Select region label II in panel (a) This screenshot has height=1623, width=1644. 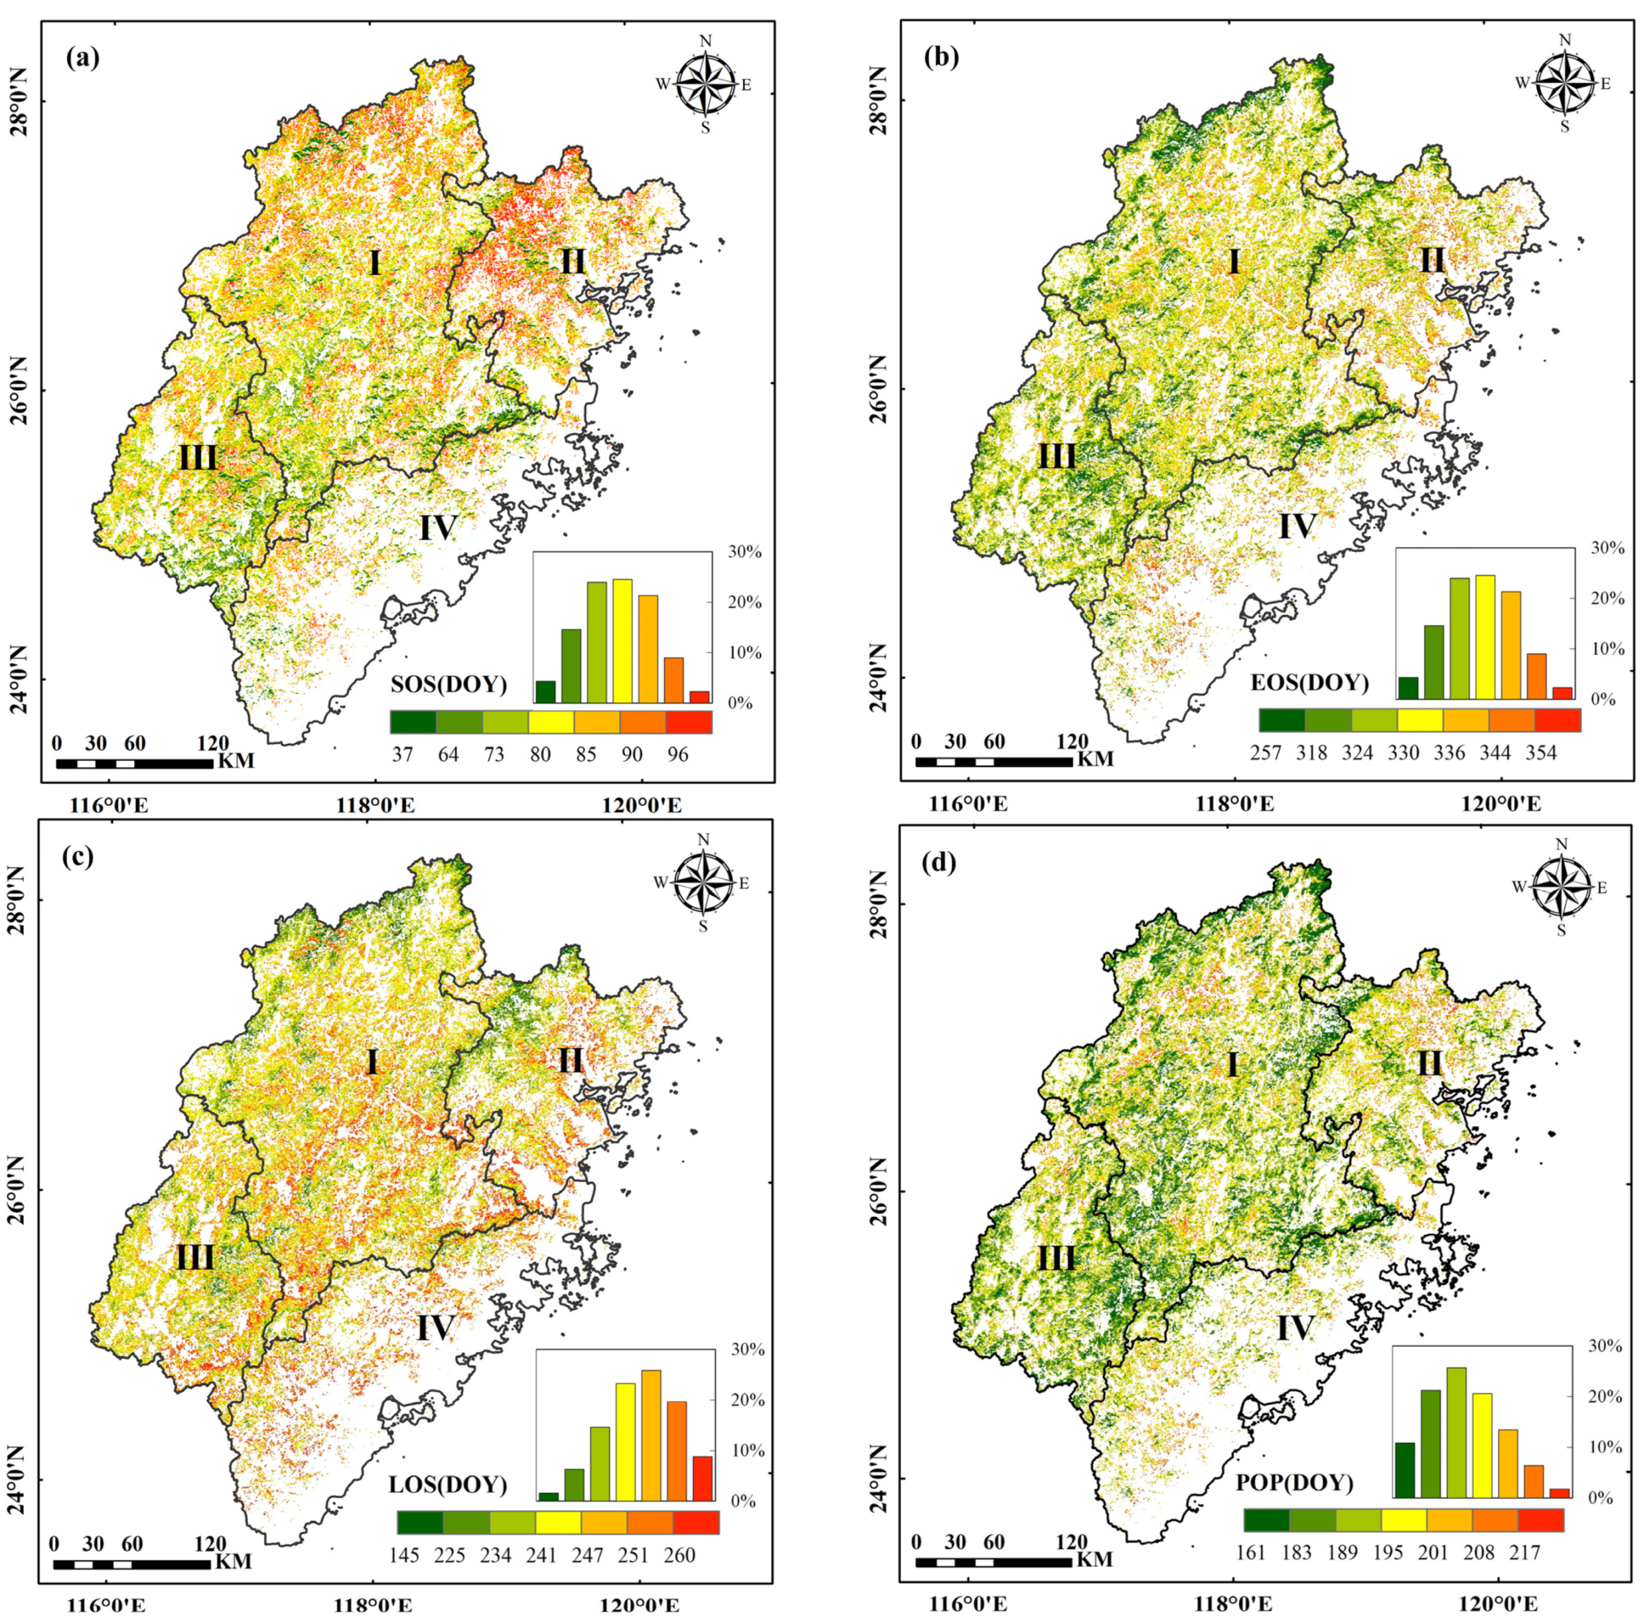(573, 261)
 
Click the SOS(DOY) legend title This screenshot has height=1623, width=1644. (448, 684)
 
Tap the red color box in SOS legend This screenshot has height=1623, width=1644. (689, 722)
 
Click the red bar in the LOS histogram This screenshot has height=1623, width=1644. (703, 1478)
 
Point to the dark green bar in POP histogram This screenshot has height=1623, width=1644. (1405, 1470)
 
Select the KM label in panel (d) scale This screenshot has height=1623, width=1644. (1094, 1560)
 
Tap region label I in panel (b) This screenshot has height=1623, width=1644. (1234, 262)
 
